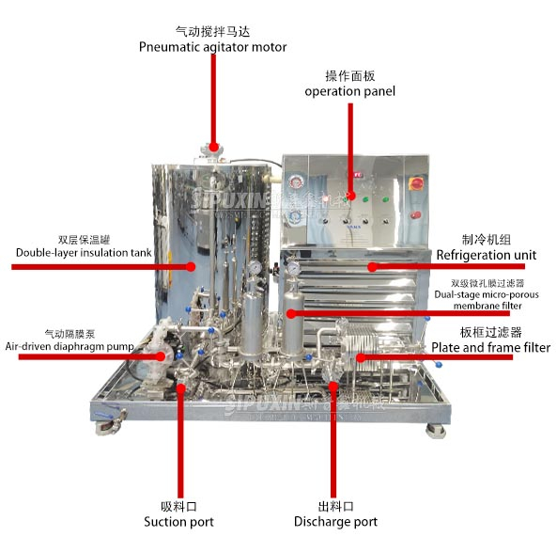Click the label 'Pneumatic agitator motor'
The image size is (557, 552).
[212, 47]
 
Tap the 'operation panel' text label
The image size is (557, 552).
[349, 91]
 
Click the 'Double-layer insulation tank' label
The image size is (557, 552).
[73, 252]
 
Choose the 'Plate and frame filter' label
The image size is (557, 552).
[490, 347]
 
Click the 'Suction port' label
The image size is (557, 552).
[178, 521]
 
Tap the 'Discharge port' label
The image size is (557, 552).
[335, 521]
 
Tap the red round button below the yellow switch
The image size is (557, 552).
[415, 219]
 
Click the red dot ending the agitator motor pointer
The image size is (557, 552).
[213, 146]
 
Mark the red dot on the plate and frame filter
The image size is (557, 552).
[361, 356]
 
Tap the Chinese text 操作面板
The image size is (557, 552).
[349, 74]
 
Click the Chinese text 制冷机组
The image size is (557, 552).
[485, 239]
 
